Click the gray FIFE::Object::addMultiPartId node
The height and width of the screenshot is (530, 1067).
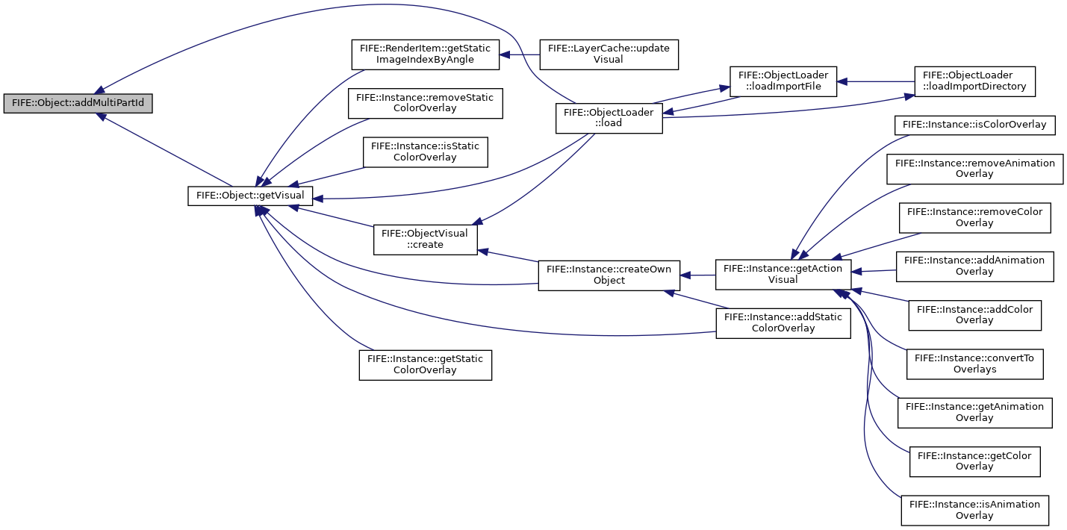pos(78,103)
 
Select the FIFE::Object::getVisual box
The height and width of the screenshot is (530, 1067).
pos(250,196)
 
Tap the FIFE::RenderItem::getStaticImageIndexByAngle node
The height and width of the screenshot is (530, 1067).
pos(426,54)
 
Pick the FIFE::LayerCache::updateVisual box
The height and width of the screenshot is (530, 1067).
pos(609,54)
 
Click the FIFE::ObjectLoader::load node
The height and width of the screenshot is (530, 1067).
pos(609,118)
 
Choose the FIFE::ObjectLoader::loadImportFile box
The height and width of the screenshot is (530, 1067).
pos(783,81)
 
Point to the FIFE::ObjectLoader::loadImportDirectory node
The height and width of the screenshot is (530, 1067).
pos(974,81)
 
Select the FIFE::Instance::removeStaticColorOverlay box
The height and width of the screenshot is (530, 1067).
pos(426,103)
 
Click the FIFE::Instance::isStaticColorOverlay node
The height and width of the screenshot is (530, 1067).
pos(426,152)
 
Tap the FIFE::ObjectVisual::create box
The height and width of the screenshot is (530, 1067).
pos(426,240)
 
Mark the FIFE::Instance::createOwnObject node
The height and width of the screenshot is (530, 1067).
pos(609,275)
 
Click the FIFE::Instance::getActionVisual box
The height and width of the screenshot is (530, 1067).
pos(783,274)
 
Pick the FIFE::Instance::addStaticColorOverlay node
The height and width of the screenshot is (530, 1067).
pos(783,323)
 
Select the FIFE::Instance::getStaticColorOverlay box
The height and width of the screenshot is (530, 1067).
pos(426,365)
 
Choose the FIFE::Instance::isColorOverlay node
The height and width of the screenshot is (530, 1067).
pos(974,125)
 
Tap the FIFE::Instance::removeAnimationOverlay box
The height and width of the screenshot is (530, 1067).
pos(974,169)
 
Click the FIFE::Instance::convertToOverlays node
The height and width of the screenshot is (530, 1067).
pos(974,364)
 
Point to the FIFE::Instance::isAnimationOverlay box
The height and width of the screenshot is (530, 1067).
pos(974,511)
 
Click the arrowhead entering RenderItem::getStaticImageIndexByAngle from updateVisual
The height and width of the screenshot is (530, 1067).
pos(505,54)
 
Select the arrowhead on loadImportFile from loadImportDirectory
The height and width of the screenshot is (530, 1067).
pos(842,81)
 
